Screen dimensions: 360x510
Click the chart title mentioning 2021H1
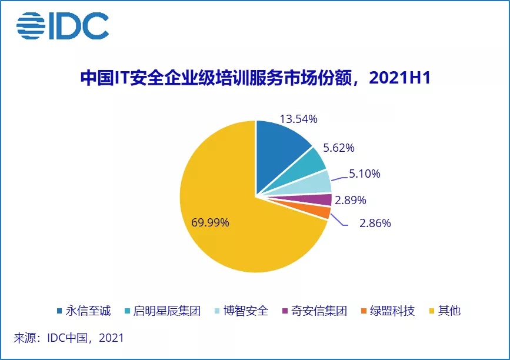click(x=255, y=79)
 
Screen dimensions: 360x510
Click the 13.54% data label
click(x=299, y=119)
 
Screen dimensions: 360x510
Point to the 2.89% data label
click(x=351, y=201)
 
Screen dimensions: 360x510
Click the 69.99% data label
click(x=210, y=223)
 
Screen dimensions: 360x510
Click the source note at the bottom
click(x=69, y=338)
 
